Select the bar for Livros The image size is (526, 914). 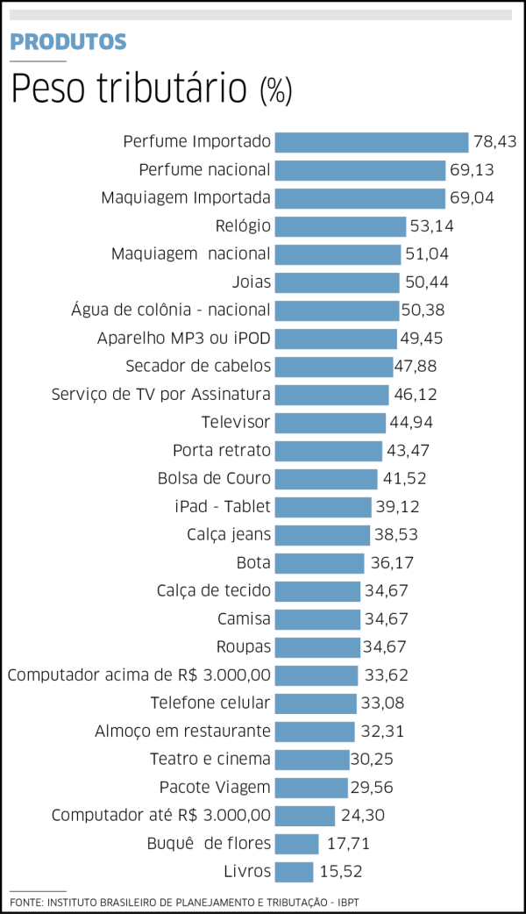click(294, 872)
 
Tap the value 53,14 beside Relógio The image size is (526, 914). click(432, 226)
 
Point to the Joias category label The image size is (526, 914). click(252, 282)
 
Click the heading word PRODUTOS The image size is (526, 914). click(68, 41)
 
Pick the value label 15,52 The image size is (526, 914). click(339, 872)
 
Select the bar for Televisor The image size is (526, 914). click(330, 423)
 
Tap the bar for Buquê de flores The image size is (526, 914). click(296, 844)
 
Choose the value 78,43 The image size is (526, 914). click(494, 142)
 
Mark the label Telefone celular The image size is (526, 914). click(210, 703)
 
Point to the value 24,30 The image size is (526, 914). click(362, 816)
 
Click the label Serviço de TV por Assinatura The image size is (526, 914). click(161, 395)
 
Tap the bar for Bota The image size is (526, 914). click(319, 563)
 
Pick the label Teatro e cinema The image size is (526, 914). click(210, 760)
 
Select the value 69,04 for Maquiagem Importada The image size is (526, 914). click(472, 198)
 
